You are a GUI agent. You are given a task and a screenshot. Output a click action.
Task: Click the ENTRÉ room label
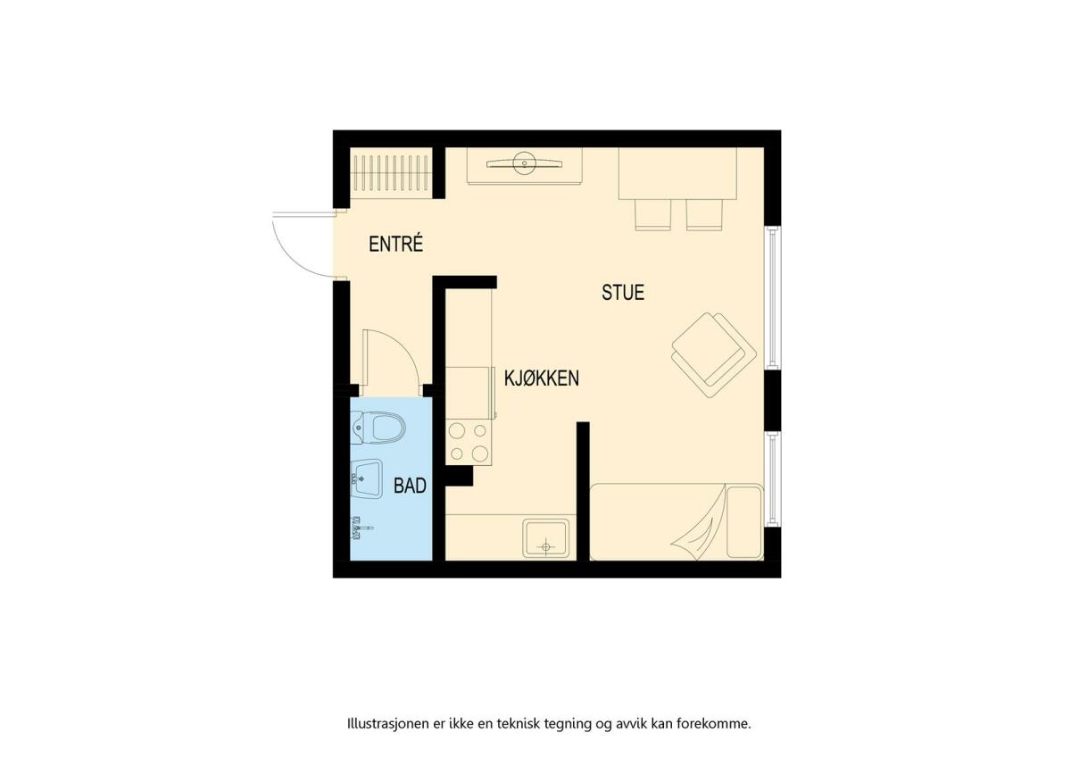click(396, 244)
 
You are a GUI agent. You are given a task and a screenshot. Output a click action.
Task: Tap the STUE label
click(623, 292)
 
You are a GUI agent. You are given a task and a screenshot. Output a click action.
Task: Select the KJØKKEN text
click(541, 378)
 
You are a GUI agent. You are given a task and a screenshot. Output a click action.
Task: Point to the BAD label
click(410, 486)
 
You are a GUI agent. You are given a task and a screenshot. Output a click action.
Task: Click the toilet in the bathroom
click(378, 427)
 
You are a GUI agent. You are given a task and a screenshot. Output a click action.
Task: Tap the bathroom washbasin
click(366, 478)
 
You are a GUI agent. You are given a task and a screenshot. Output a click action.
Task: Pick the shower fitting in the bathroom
click(361, 528)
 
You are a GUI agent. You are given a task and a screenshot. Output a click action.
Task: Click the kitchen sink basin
click(545, 538)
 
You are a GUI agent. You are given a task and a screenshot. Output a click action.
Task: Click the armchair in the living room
click(713, 354)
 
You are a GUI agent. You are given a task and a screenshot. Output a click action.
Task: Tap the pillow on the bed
click(744, 521)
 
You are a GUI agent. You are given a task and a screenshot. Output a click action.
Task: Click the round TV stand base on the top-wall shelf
click(525, 163)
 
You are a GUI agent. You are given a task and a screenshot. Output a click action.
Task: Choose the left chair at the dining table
click(652, 215)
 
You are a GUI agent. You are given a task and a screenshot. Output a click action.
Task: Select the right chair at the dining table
click(704, 215)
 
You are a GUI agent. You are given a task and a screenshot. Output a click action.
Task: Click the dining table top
click(677, 173)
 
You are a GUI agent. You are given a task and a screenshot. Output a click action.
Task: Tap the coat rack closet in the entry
click(391, 172)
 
